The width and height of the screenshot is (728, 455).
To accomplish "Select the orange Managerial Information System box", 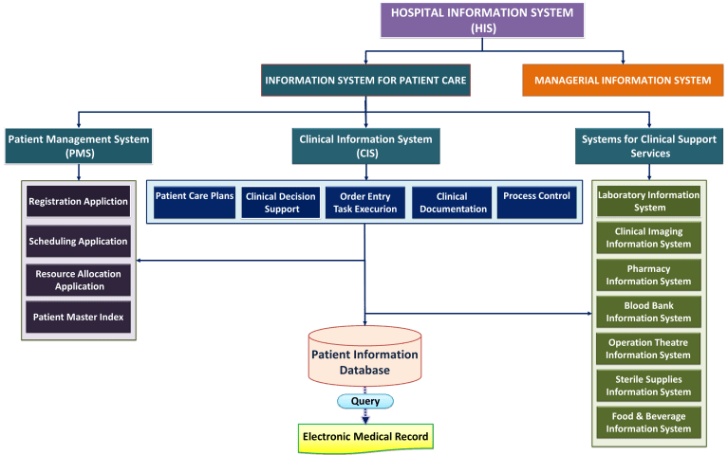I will [x=623, y=81].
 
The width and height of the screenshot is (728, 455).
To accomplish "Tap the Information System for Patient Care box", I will [x=365, y=81].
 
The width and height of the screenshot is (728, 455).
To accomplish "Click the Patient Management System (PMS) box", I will [x=79, y=146].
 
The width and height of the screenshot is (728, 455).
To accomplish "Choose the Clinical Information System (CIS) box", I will [x=365, y=146].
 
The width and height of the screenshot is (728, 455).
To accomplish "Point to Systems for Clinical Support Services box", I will [x=649, y=146].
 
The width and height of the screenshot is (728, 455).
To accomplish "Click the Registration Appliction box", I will [x=78, y=202].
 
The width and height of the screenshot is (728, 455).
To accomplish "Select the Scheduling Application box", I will [x=78, y=241].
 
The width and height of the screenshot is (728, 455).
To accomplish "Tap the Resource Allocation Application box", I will [x=78, y=279].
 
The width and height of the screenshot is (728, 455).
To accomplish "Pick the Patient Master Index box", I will [x=78, y=317].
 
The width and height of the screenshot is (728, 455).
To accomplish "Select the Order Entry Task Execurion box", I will [x=365, y=202].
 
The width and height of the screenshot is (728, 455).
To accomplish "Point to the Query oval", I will [x=365, y=401].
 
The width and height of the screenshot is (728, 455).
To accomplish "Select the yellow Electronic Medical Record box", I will [x=365, y=437].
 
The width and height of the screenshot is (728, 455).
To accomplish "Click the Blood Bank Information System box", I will [x=648, y=312].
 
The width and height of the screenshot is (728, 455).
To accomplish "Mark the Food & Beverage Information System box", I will [x=648, y=422].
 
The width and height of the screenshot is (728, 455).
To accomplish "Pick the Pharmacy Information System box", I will [x=648, y=275].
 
